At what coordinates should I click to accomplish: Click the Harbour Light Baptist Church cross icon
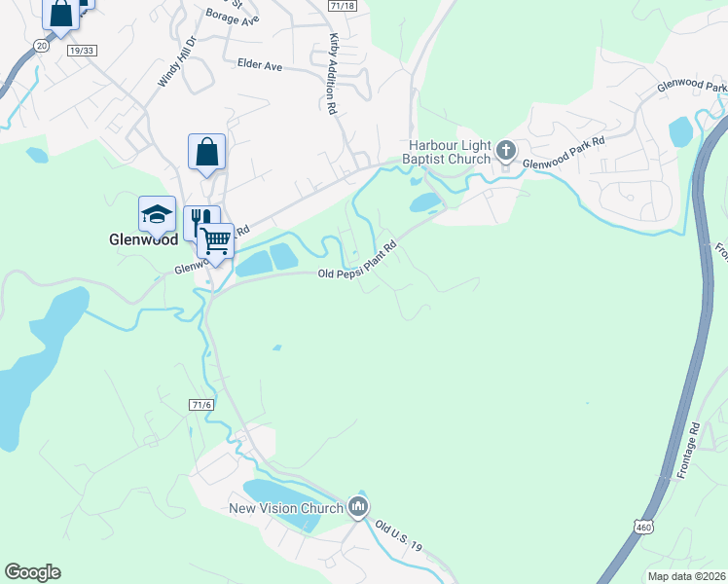point(505,150)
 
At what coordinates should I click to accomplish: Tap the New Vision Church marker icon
point(358,506)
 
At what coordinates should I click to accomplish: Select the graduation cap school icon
point(157,214)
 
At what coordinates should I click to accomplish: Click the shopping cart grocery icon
point(215,238)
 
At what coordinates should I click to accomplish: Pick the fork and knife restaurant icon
point(200,222)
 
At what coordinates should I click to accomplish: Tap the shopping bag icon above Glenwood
point(206,152)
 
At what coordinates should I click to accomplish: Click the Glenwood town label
point(141,238)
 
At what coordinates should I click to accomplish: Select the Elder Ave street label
point(259,65)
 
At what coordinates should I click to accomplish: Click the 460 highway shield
point(642,527)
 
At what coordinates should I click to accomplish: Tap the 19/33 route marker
point(82,49)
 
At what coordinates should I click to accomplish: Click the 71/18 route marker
point(343,5)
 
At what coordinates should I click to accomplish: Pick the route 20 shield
point(40,45)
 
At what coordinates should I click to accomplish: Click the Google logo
point(32,572)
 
